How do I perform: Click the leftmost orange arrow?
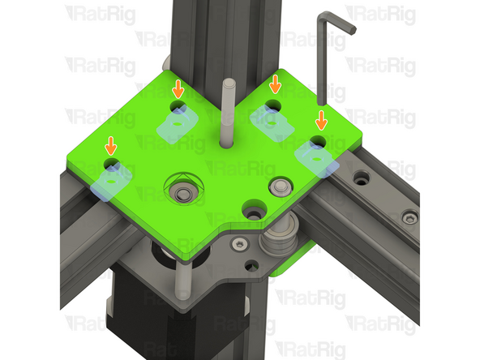[110, 146]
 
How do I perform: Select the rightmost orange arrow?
[321, 120]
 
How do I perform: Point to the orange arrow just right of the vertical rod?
[275, 83]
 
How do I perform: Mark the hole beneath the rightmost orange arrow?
[318, 142]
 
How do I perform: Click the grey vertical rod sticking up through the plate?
[227, 114]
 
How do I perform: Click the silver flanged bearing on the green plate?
[281, 186]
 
